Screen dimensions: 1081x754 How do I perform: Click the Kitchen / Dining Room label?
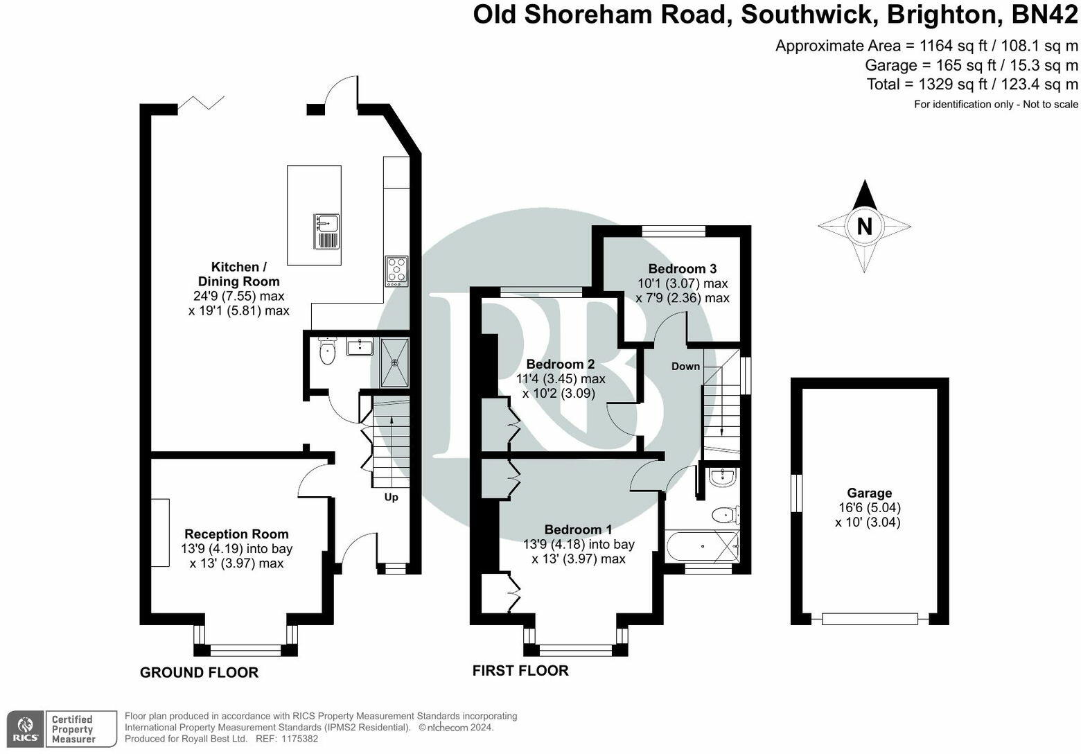point(238,274)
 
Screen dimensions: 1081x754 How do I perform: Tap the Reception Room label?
point(236,534)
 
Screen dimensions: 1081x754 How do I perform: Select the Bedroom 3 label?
point(682,268)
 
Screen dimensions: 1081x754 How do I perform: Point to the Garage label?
point(869,493)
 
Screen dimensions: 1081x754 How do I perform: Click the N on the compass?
point(864,227)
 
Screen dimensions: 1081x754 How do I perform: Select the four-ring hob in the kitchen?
point(397,270)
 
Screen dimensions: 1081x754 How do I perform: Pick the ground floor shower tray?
point(395,362)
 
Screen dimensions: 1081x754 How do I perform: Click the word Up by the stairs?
point(391,497)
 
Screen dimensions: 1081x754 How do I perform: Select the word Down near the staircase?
point(685,366)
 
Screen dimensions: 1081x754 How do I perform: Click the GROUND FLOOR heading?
point(199,672)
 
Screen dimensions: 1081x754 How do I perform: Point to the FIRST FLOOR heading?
point(520,670)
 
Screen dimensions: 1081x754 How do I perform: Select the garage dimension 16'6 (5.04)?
point(869,507)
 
